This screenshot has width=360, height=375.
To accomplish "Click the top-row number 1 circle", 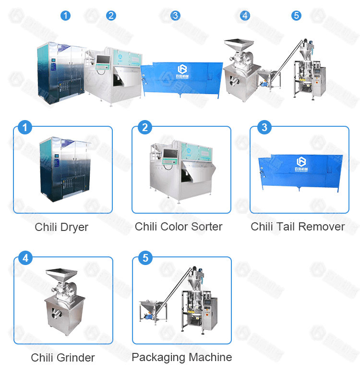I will (65, 15).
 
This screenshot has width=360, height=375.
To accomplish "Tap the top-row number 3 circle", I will (175, 15).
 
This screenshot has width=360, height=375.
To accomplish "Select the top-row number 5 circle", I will (296, 15).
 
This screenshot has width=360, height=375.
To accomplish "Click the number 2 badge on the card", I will (144, 128).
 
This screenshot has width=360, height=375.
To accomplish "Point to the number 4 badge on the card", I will (25, 258).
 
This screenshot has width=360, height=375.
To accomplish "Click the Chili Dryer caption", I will (61, 227).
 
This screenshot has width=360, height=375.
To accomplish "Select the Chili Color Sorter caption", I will (179, 227).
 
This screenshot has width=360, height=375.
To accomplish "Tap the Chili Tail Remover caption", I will (298, 227).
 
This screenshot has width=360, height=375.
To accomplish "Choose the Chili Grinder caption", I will (62, 358).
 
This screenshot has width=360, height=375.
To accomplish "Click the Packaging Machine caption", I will (181, 357).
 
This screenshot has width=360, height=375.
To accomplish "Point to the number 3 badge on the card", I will (264, 128).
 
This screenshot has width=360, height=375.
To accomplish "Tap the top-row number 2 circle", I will (111, 15).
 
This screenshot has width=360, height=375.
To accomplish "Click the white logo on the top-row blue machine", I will (182, 70).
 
